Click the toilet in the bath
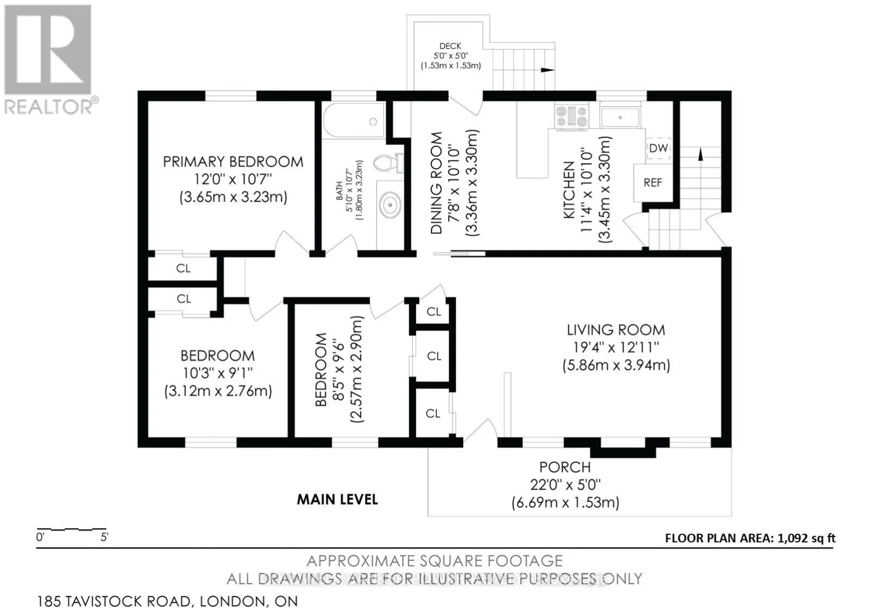coord(388,163)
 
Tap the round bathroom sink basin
coord(390,204)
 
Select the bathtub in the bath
coord(354,120)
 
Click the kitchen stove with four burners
coord(571,116)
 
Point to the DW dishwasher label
coord(658,148)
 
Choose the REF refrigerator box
coord(653,183)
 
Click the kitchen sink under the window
coord(620,117)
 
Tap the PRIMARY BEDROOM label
coord(233,162)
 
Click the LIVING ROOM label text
coord(616,330)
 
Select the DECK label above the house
coord(450,46)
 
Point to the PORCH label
coord(565,467)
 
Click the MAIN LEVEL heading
coord(337,499)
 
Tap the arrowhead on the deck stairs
coord(548,70)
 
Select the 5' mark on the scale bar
coord(104,537)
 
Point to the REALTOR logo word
coord(48,106)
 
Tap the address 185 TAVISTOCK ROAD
coord(115,602)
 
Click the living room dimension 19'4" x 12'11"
coord(616,347)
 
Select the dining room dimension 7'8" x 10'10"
coord(454,183)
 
